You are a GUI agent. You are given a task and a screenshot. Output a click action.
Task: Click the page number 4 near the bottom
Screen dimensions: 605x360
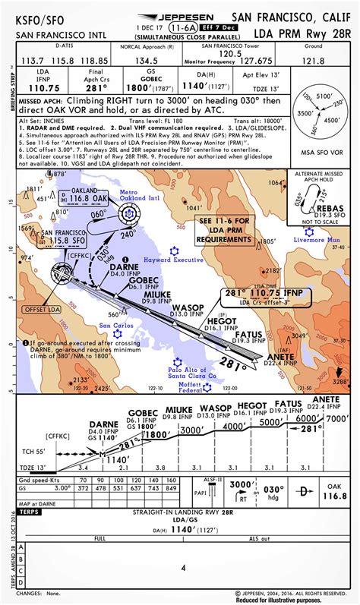[182, 567]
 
